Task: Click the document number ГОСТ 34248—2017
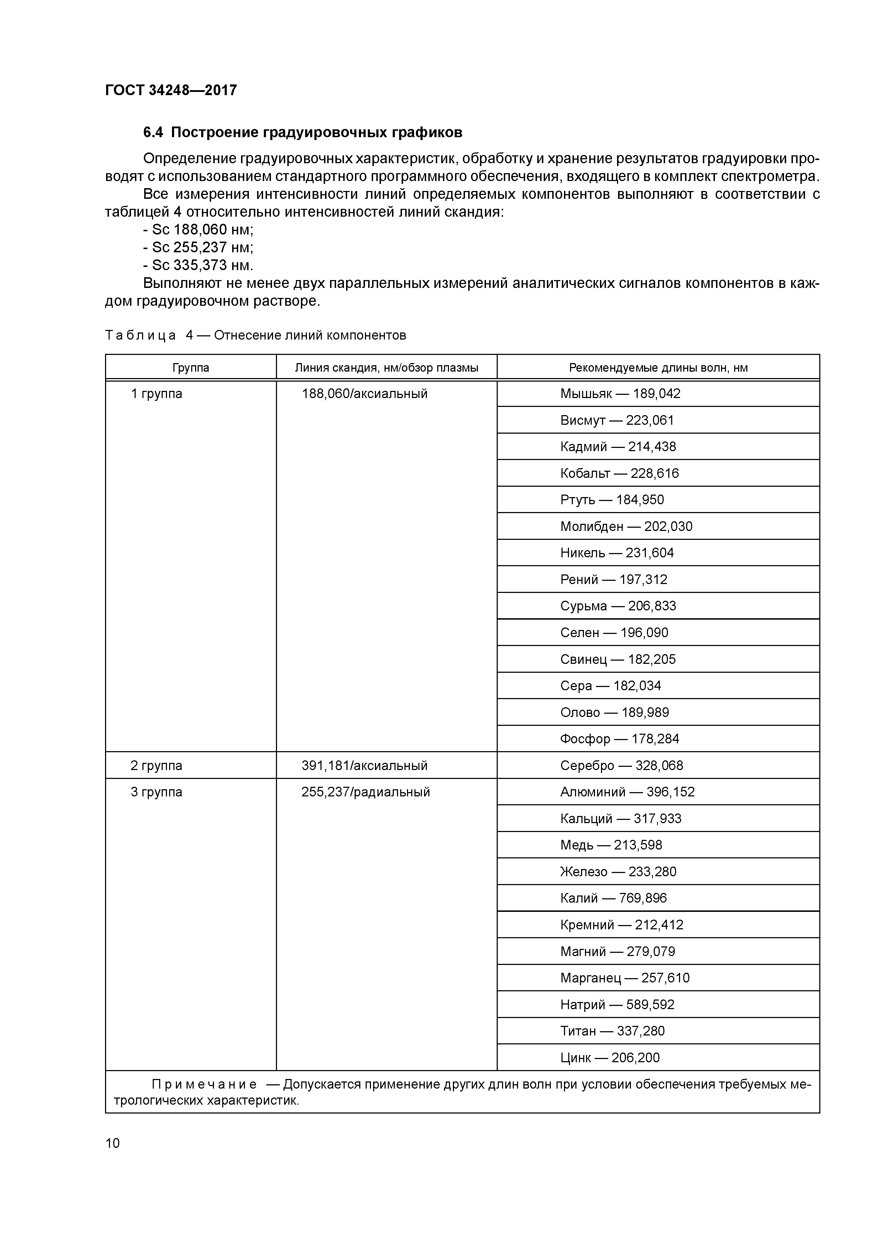[x=171, y=91]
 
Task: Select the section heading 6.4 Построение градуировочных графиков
[x=303, y=132]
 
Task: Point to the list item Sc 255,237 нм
[x=199, y=248]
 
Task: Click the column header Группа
[x=190, y=368]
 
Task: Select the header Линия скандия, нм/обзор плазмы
[x=386, y=368]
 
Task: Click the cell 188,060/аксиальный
[x=365, y=394]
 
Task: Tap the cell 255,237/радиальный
[x=366, y=792]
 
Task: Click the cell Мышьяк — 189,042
[x=620, y=394]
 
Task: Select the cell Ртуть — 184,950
[x=612, y=500]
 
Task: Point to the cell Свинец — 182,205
[x=618, y=659]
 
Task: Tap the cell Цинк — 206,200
[x=610, y=1058]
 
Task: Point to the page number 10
[x=113, y=1143]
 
